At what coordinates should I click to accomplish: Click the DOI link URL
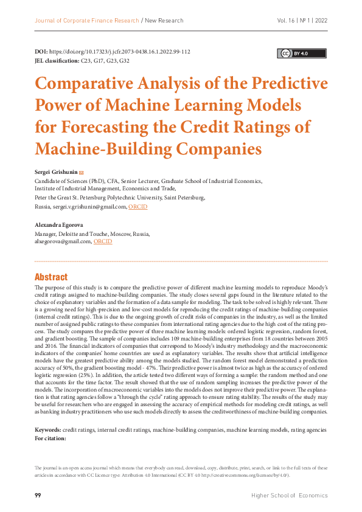[x=121, y=52]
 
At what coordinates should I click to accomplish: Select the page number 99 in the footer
[x=38, y=496]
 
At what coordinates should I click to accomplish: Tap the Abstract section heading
[x=51, y=277]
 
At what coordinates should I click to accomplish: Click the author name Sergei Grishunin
[x=56, y=172]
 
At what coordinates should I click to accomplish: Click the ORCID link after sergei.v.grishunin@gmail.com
[x=137, y=207]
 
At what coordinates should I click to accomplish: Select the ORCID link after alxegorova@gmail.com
[x=103, y=241]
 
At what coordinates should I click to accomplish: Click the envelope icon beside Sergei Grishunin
[x=82, y=172]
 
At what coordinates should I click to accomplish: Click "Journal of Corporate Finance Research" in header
[x=86, y=21]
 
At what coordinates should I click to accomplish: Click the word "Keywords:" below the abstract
[x=48, y=430]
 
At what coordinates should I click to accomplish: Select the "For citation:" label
[x=50, y=438]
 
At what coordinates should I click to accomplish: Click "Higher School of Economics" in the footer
[x=289, y=496]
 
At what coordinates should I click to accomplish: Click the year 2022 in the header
[x=321, y=21]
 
